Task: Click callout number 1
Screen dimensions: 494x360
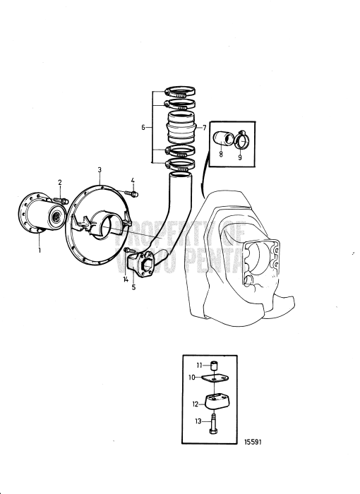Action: click(40, 250)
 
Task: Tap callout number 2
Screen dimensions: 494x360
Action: click(60, 182)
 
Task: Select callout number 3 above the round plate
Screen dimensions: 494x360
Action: click(100, 169)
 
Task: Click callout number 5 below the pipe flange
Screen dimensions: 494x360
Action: click(133, 288)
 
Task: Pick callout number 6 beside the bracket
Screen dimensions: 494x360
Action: click(143, 128)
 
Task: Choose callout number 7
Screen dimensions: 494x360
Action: click(204, 128)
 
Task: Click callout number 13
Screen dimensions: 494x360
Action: click(198, 421)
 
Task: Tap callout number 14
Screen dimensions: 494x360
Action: click(125, 280)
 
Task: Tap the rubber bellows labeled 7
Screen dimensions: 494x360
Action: click(180, 131)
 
